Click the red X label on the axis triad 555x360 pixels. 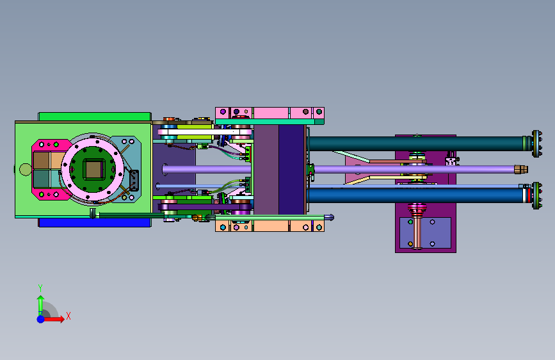(68, 316)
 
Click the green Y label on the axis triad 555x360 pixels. (40, 288)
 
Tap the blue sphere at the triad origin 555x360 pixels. (41, 319)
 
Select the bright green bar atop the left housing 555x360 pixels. (95, 117)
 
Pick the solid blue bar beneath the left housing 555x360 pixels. (95, 222)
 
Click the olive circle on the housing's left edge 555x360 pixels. (25, 169)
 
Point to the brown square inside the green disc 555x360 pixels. (93, 169)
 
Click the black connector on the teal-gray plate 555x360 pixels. (134, 180)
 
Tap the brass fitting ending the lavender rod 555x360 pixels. (520, 169)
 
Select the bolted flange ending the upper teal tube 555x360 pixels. (536, 143)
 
